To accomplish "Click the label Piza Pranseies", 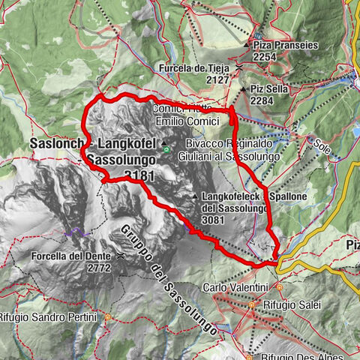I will (x=289, y=44).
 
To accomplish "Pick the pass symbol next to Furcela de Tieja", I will (x=238, y=68).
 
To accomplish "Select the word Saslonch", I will (x=55, y=143).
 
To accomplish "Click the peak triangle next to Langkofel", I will (x=163, y=142).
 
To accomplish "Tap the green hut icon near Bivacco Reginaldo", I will (x=180, y=157).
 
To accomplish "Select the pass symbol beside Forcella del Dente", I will (x=119, y=256).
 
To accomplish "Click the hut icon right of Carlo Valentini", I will (x=280, y=287).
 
